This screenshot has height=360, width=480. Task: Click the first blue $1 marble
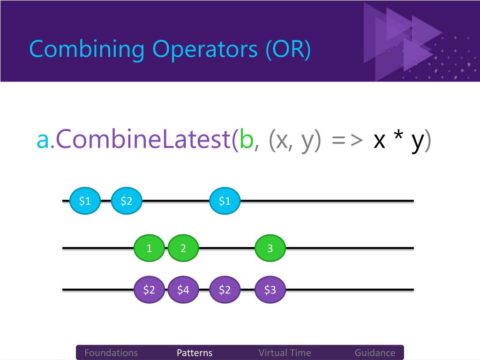[x=85, y=201]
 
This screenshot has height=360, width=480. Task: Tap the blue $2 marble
[x=127, y=201]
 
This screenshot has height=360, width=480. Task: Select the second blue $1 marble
[x=225, y=201]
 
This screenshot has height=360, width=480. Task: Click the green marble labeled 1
[x=149, y=248]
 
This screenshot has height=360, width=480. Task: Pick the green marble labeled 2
[x=183, y=248]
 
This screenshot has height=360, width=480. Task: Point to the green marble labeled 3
[x=270, y=248]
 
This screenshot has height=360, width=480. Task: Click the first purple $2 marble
[x=149, y=290]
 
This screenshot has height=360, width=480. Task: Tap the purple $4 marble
[x=183, y=290]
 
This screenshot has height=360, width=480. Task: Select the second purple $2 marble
[x=225, y=290]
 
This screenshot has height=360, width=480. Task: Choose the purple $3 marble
[x=270, y=290]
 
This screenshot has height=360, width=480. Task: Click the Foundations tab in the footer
[x=111, y=353]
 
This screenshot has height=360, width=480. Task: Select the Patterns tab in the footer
[x=195, y=353]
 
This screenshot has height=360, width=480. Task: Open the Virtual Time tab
[x=285, y=353]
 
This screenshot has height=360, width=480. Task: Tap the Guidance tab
[x=375, y=353]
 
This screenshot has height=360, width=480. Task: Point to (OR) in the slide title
[x=288, y=50]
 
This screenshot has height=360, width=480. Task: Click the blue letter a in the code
[x=43, y=140]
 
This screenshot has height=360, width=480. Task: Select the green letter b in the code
[x=246, y=140]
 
